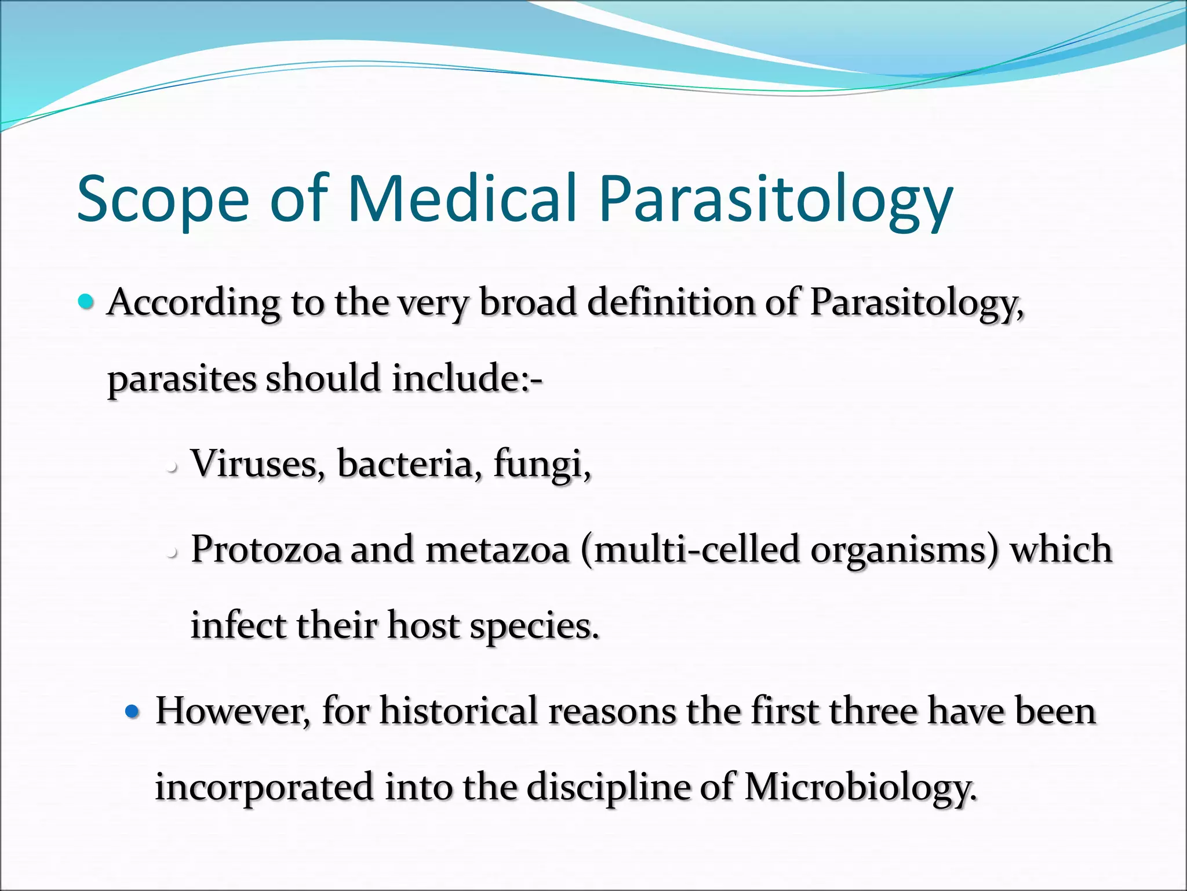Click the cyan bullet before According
85,301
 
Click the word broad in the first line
527,302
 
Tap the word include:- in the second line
467,378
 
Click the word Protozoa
266,549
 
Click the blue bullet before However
133,711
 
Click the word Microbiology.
860,788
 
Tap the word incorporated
264,788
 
